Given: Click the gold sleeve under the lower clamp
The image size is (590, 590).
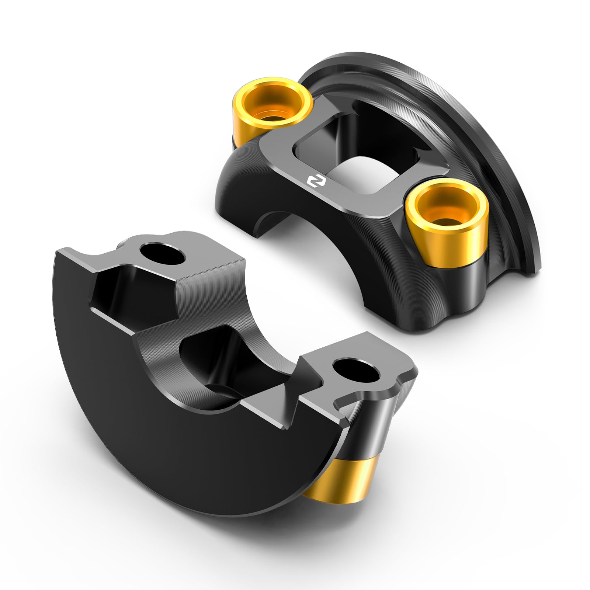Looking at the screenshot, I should tap(343, 479).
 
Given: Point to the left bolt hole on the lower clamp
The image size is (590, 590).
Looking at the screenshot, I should tap(162, 253).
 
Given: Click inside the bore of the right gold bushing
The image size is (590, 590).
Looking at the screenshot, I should tap(446, 218).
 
